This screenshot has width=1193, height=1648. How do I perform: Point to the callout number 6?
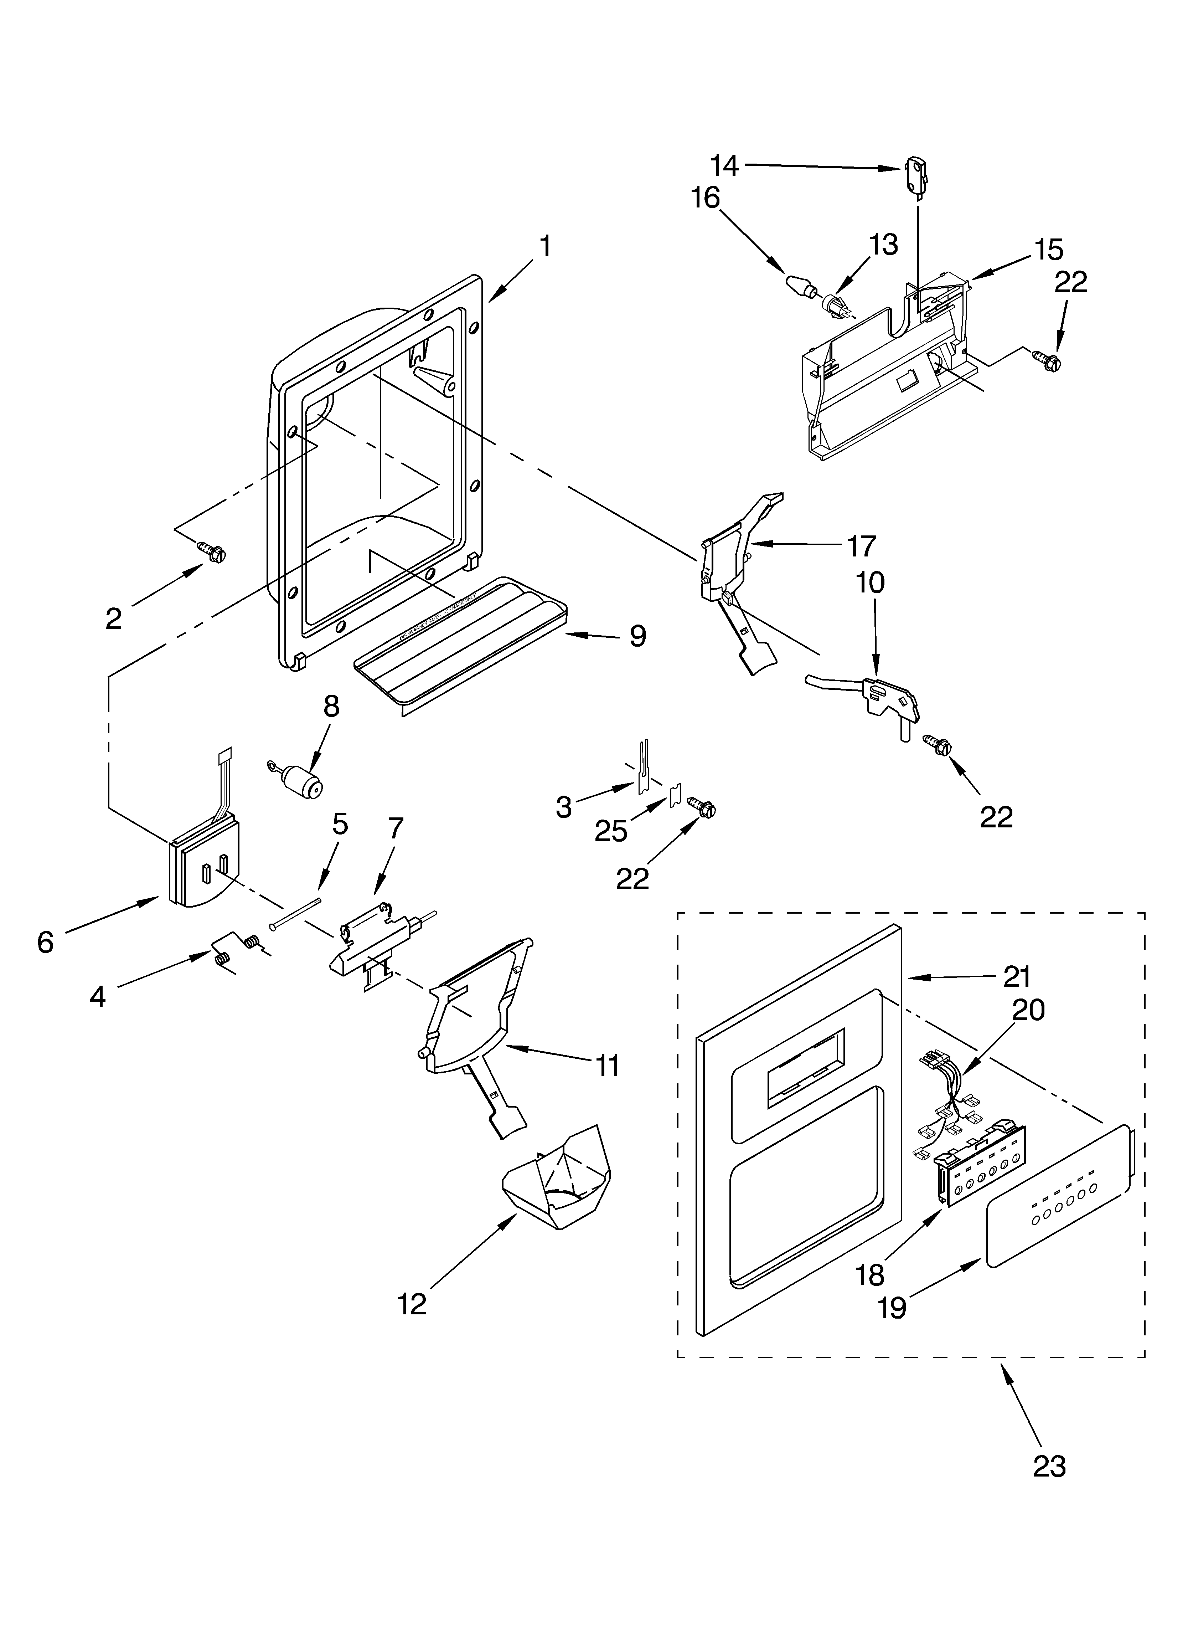click(x=45, y=942)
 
